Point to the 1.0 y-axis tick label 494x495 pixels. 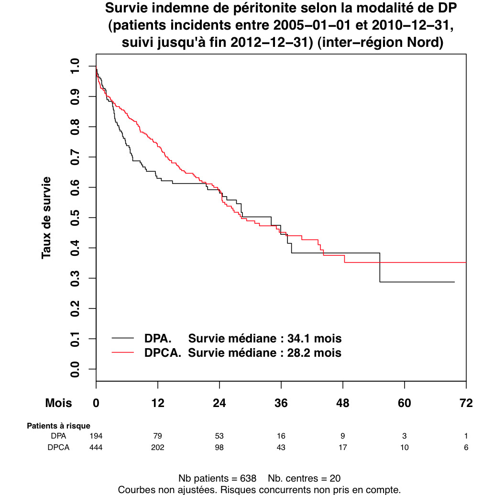[75, 66]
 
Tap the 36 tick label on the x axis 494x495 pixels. [281, 403]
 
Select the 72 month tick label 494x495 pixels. [466, 403]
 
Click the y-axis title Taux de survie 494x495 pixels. [46, 218]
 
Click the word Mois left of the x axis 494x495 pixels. [59, 403]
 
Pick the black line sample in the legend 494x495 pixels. [123, 338]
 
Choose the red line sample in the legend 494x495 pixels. [123, 353]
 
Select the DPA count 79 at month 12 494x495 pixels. [158, 436]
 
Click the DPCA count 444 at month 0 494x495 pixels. [96, 448]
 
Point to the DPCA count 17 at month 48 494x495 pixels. [342, 448]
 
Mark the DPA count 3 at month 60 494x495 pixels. [405, 436]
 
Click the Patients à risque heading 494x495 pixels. [58, 425]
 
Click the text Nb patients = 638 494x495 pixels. [218, 479]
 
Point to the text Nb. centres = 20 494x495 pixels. [304, 479]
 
